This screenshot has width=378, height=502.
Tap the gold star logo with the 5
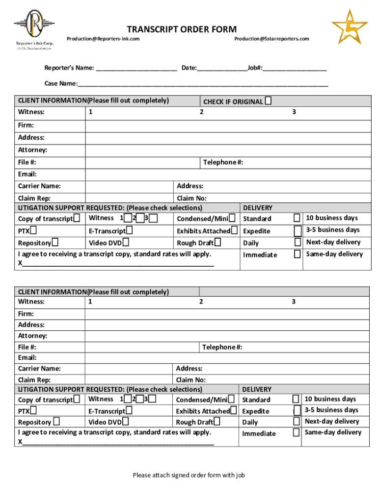click(x=350, y=28)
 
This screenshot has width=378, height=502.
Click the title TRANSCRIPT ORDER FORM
click(x=182, y=29)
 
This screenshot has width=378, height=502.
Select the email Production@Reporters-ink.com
click(x=103, y=39)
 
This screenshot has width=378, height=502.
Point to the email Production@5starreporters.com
click(x=271, y=39)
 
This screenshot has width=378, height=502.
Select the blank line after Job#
click(x=295, y=69)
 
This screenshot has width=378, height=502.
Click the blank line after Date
click(x=222, y=69)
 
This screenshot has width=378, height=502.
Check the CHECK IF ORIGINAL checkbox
click(x=268, y=101)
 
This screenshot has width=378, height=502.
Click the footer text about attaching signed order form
click(x=189, y=475)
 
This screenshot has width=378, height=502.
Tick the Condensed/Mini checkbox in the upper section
click(x=232, y=218)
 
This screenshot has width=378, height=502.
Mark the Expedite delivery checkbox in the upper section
click(x=297, y=230)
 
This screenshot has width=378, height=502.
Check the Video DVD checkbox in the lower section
click(x=126, y=422)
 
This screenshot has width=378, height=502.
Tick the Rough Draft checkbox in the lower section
click(x=216, y=422)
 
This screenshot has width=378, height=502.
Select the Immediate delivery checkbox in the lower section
click(x=296, y=432)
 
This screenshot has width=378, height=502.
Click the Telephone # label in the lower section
click(x=222, y=347)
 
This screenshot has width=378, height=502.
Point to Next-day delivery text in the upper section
click(x=333, y=242)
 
